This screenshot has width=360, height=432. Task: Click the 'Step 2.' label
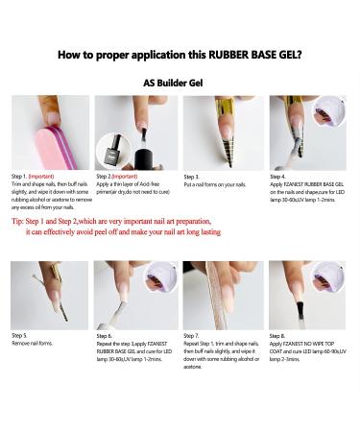[108, 177]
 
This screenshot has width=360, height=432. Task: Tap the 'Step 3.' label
[193, 177]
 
